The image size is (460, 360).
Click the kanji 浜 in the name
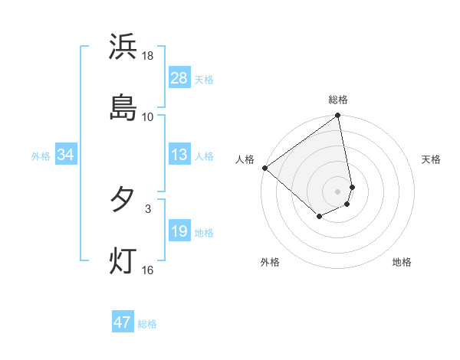(x=123, y=47)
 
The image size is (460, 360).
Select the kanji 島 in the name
(x=123, y=107)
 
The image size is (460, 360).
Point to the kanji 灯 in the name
(x=123, y=260)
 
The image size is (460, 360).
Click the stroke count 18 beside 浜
(x=148, y=56)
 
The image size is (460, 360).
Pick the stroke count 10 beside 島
(x=148, y=116)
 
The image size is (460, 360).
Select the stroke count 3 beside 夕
(x=148, y=208)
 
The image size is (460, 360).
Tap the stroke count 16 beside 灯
(x=148, y=269)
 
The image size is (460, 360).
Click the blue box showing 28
(x=179, y=78)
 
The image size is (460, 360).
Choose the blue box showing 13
(x=179, y=155)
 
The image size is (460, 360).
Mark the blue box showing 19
(x=179, y=231)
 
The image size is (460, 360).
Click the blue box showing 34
(x=66, y=155)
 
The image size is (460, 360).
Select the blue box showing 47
(x=123, y=322)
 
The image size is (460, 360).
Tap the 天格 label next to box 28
(x=204, y=79)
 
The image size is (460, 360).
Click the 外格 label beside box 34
(x=41, y=155)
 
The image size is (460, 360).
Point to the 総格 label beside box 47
(x=147, y=323)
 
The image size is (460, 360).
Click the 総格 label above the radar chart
(x=338, y=100)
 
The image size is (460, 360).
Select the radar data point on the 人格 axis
(x=264, y=168)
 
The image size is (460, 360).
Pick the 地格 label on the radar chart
(x=402, y=262)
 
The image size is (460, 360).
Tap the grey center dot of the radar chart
(x=338, y=191)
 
